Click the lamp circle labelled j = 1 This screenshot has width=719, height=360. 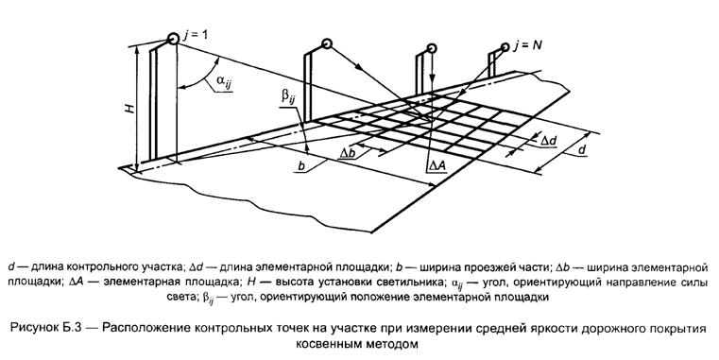173,39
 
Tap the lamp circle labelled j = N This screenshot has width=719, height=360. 505,47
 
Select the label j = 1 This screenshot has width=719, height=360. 195,36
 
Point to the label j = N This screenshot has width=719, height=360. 527,46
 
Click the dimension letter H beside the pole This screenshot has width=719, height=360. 130,109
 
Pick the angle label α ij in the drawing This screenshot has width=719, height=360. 223,81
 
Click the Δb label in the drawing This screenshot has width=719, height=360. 348,153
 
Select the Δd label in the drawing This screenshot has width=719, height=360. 549,141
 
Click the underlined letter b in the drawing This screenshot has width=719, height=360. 301,166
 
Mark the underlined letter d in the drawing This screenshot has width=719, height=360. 581,149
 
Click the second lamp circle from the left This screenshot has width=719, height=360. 326,44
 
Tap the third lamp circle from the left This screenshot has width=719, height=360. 431,48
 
